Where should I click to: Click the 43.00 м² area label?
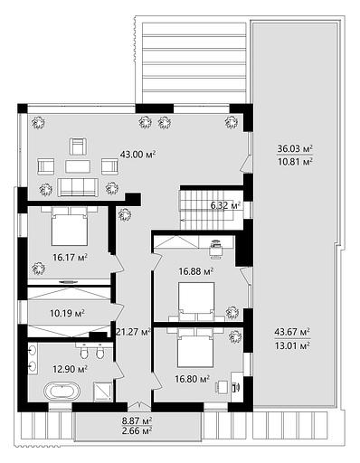pyautogui.click(x=137, y=155)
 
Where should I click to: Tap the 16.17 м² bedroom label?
pyautogui.click(x=70, y=258)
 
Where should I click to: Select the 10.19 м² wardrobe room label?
pyautogui.click(x=67, y=313)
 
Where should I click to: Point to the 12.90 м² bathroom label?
pyautogui.click(x=70, y=369)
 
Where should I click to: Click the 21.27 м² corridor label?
pyautogui.click(x=133, y=332)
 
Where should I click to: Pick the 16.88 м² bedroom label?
pyautogui.click(x=196, y=271)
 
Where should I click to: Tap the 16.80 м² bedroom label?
pyautogui.click(x=193, y=379)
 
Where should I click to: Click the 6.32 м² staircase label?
pyautogui.click(x=225, y=206)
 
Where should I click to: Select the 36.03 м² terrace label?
pyautogui.click(x=295, y=148)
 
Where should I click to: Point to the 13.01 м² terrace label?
pyautogui.click(x=292, y=345)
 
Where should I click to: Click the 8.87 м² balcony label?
pyautogui.click(x=137, y=420)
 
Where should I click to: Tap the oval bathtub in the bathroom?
pyautogui.click(x=62, y=392)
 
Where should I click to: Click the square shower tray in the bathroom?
pyautogui.click(x=103, y=392)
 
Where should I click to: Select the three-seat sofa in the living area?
pyautogui.click(x=78, y=187)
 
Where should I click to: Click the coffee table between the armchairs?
pyautogui.click(x=78, y=166)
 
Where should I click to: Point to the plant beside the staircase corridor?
pyautogui.click(x=125, y=214)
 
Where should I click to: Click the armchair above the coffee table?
pyautogui.click(x=78, y=146)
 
